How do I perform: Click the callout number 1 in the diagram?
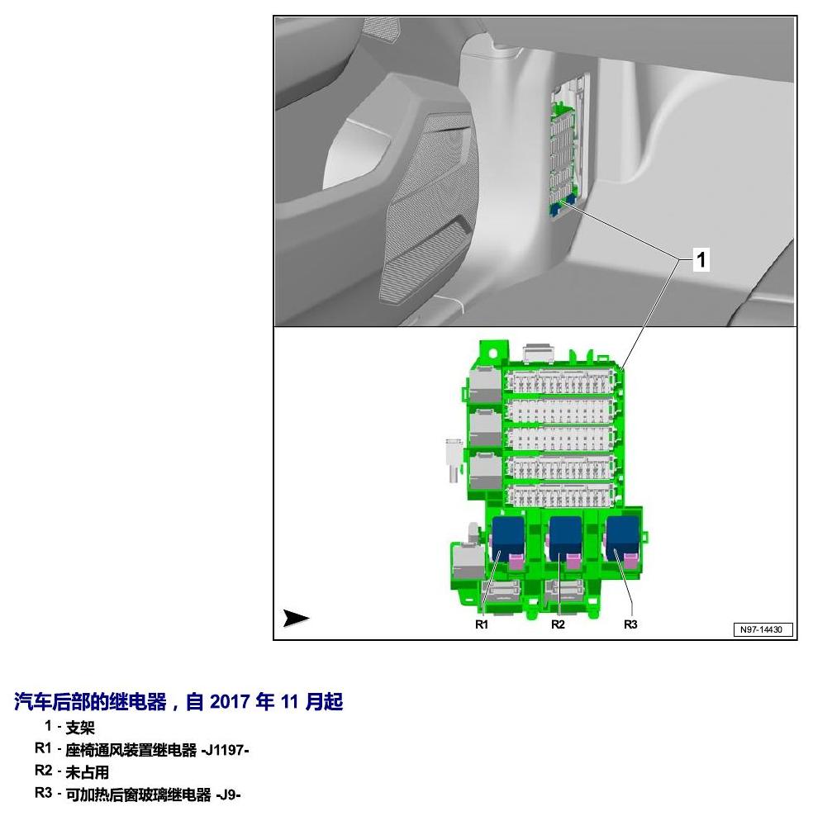(701, 259)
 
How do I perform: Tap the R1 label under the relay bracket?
(482, 624)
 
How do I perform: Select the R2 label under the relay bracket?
(558, 624)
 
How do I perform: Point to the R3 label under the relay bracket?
(630, 624)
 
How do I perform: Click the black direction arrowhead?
(296, 618)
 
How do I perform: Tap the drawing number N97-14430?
(762, 629)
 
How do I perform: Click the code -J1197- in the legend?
(225, 750)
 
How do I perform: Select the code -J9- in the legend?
(228, 795)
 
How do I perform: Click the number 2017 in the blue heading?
(230, 701)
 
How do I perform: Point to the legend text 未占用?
(88, 772)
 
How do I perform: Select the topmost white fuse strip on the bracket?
(559, 382)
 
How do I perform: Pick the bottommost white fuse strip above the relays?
(559, 495)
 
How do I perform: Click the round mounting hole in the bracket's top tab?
(492, 353)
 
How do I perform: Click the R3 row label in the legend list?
(43, 793)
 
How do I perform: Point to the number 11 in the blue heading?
(289, 701)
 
